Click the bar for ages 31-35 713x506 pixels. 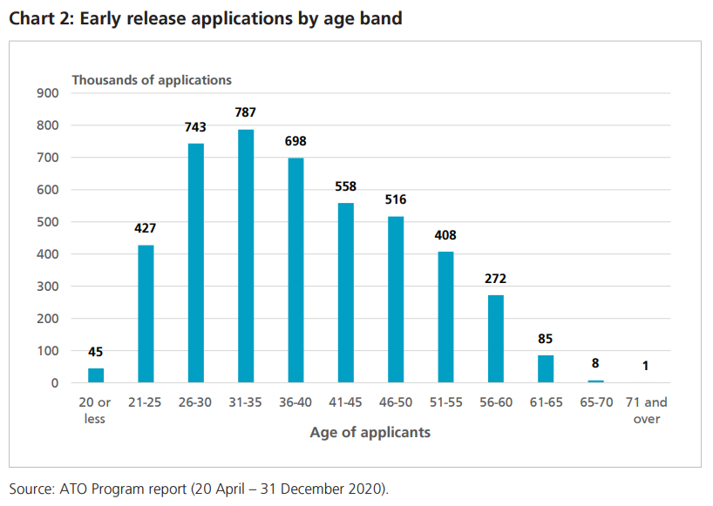tap(246, 256)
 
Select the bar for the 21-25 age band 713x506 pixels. tap(146, 314)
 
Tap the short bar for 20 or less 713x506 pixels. tap(96, 375)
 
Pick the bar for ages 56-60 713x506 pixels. tap(495, 339)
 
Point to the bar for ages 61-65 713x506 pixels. tap(546, 368)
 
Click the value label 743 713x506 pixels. tap(195, 127)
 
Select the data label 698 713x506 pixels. tap(295, 141)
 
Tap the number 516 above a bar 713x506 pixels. tap(396, 200)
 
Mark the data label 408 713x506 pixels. tap(445, 235)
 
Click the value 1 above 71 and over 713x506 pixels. tap(645, 366)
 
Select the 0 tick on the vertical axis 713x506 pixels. tap(54, 383)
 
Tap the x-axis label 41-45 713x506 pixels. tap(346, 402)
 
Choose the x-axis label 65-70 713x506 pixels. tap(595, 402)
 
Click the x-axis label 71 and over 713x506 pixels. tap(646, 410)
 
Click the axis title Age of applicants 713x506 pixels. tap(370, 432)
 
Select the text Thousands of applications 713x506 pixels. tap(152, 79)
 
